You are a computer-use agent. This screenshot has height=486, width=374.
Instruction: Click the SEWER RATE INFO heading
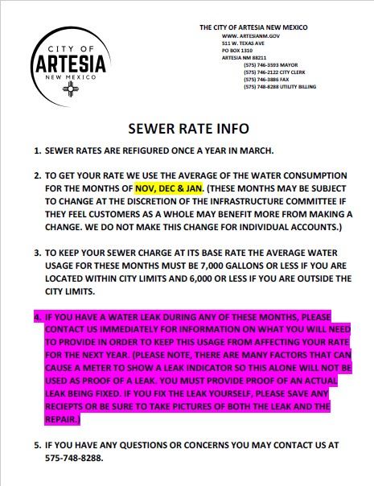[189, 129]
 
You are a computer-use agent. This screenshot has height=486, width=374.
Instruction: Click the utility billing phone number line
[281, 87]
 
